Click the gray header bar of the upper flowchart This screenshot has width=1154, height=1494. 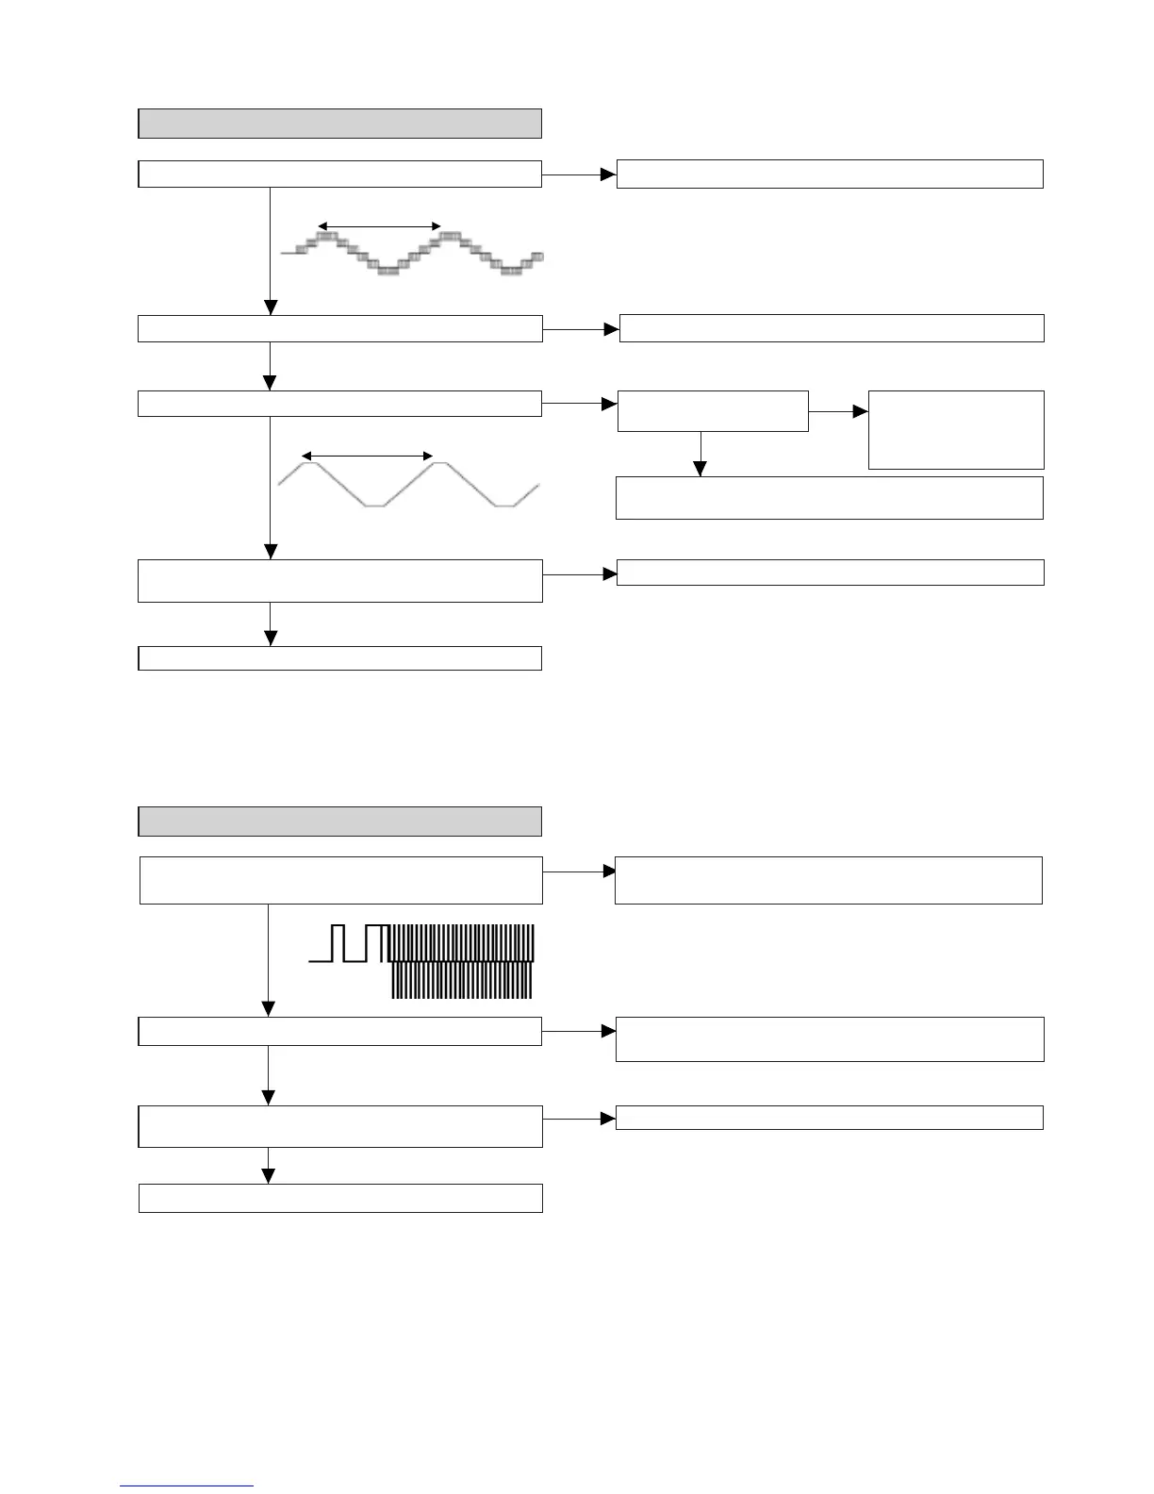click(x=339, y=124)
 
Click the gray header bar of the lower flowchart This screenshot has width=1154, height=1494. click(x=339, y=822)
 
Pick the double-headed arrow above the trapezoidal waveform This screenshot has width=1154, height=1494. click(x=367, y=456)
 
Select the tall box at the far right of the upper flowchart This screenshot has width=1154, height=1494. click(x=955, y=430)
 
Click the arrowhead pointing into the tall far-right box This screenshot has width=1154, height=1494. click(x=860, y=412)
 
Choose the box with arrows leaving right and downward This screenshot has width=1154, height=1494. click(x=713, y=411)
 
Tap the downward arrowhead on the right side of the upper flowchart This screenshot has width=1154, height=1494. click(x=700, y=470)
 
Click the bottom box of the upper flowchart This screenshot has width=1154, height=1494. click(x=339, y=658)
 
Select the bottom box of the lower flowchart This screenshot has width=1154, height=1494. click(x=340, y=1198)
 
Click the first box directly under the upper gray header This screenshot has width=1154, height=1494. click(x=339, y=174)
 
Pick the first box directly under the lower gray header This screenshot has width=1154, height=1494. click(x=340, y=880)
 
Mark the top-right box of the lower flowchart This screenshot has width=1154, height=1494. click(x=829, y=880)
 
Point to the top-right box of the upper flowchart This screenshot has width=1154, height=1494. click(x=830, y=174)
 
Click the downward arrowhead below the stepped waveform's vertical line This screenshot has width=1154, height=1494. click(x=271, y=307)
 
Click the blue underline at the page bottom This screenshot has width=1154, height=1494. click(x=187, y=1486)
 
